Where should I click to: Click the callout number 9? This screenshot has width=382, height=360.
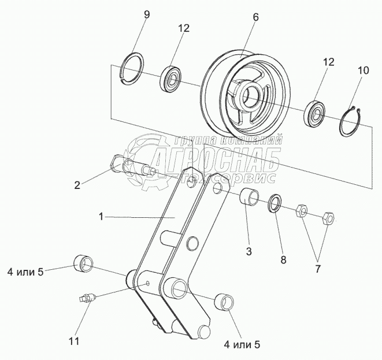(x=146, y=14)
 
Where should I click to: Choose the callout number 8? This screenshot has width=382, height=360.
(x=283, y=260)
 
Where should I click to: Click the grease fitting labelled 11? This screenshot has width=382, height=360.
(x=85, y=299)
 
